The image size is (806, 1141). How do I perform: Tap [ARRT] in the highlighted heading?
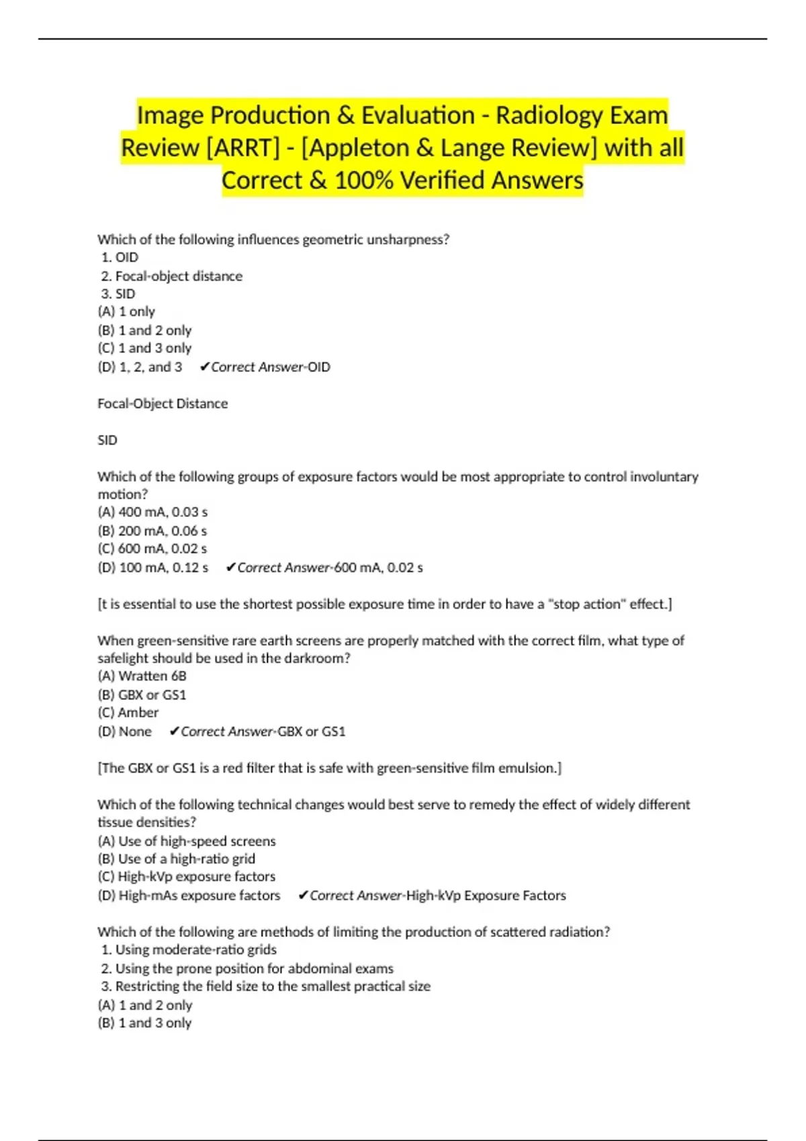(x=243, y=148)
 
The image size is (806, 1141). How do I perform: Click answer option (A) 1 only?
(x=126, y=311)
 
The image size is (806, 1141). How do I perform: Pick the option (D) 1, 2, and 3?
(x=140, y=367)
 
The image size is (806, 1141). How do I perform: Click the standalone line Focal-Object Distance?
(x=163, y=403)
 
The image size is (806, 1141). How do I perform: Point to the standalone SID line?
(x=107, y=440)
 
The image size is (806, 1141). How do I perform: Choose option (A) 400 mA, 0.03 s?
(x=152, y=512)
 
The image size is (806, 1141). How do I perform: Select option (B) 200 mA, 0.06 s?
(x=152, y=531)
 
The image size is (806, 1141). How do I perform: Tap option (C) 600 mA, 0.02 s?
(x=152, y=548)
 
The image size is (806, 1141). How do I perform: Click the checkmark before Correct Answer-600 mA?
(x=230, y=568)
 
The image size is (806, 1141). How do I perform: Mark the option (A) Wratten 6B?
(x=142, y=676)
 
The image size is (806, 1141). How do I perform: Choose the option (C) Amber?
(x=128, y=713)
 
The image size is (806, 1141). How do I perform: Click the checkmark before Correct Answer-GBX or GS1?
(x=174, y=732)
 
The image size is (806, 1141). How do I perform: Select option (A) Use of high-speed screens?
(x=187, y=841)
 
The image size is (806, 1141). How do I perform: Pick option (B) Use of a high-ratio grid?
(x=177, y=859)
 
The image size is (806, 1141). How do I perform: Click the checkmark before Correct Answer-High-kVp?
(x=303, y=895)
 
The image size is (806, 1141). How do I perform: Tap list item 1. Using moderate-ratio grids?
(x=189, y=950)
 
